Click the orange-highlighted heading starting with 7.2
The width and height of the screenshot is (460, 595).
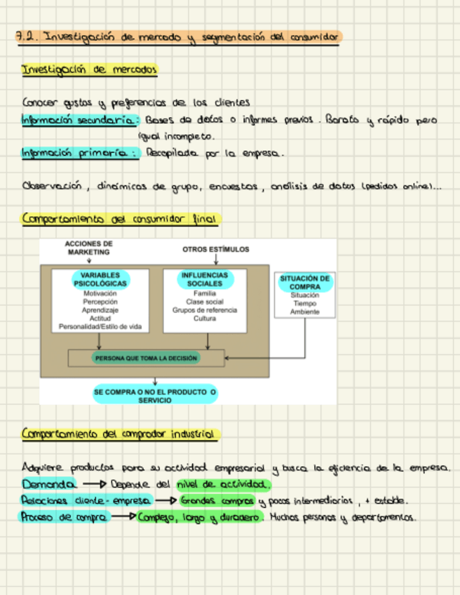(x=179, y=37)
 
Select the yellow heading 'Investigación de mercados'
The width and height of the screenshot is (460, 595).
(x=90, y=70)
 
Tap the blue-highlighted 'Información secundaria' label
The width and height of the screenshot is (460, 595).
(x=79, y=121)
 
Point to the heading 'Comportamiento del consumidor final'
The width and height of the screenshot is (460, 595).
(x=120, y=220)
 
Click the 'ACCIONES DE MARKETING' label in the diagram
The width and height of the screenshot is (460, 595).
(x=89, y=248)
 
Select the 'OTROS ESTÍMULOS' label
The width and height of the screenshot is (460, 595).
(x=215, y=249)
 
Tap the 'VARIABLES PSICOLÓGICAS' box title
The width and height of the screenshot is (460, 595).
(x=100, y=279)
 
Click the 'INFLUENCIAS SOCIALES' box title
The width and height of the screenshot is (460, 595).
(x=205, y=279)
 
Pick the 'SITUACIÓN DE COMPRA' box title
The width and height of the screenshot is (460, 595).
(x=304, y=282)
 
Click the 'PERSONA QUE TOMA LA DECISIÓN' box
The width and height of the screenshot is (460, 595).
(x=147, y=358)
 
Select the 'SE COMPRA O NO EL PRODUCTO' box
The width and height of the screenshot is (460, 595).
(x=155, y=395)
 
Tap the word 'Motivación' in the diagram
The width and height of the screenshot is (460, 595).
(x=100, y=293)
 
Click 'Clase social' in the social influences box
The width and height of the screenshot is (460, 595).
(x=205, y=302)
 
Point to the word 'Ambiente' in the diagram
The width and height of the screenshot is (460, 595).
(x=304, y=312)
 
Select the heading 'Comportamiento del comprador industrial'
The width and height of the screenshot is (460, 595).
(x=120, y=435)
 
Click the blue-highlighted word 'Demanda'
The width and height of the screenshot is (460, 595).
(x=48, y=485)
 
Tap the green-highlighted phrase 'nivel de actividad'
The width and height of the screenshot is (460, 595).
(x=222, y=485)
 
